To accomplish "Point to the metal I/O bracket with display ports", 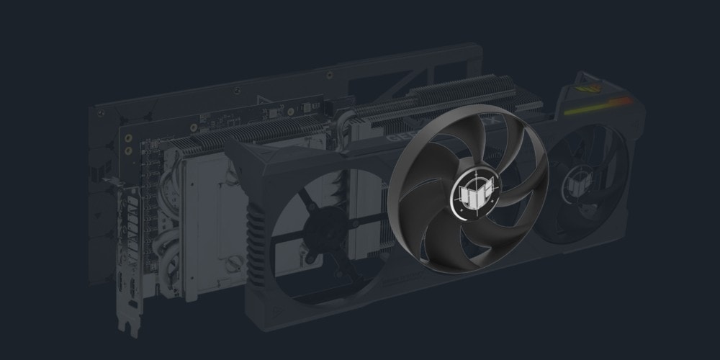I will tap(130, 245).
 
